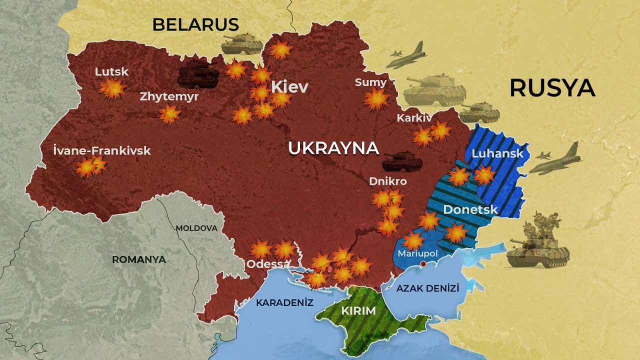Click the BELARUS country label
[195, 24]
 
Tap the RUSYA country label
[552, 88]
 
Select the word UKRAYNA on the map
[333, 148]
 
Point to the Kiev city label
[289, 87]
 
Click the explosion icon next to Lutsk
[112, 89]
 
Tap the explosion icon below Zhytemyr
[169, 114]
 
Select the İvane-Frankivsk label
[101, 150]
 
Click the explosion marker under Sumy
[376, 99]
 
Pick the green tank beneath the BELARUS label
[242, 44]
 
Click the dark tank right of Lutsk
[198, 77]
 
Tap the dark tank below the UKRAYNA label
[402, 162]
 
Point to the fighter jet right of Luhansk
[555, 160]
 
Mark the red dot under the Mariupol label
[423, 263]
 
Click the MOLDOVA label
[196, 228]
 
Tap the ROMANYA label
[138, 259]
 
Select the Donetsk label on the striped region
[470, 209]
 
